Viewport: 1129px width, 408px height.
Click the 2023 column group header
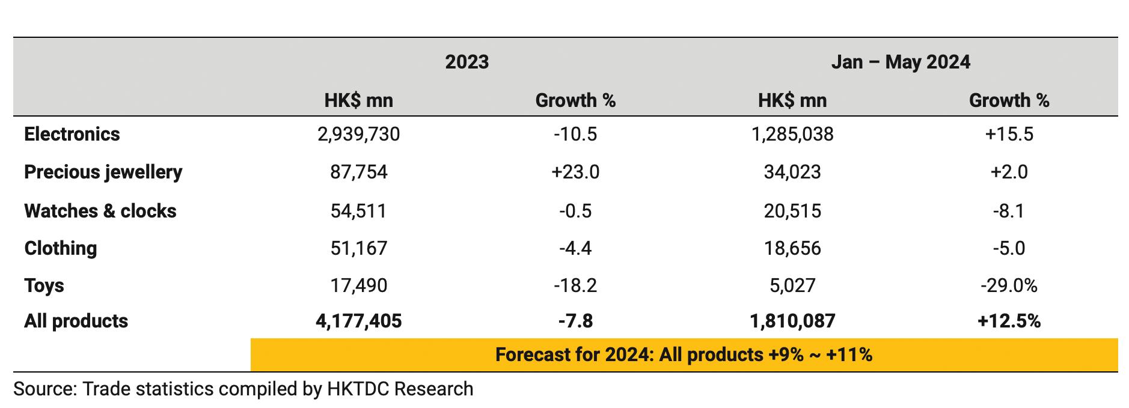tap(467, 62)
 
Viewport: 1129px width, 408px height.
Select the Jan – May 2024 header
tap(900, 62)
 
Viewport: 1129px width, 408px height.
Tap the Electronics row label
tap(72, 134)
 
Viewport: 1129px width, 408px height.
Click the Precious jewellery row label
tap(103, 172)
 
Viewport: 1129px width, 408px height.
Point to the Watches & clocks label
tap(100, 211)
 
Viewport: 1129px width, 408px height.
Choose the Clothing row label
tap(60, 248)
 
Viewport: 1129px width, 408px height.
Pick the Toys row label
tap(44, 285)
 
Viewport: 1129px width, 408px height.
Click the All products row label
tap(76, 321)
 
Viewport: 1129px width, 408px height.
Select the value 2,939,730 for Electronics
tap(358, 134)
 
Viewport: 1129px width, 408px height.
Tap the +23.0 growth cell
tap(575, 172)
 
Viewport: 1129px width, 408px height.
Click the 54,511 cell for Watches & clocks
tap(358, 211)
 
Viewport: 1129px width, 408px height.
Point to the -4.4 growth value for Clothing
tap(575, 248)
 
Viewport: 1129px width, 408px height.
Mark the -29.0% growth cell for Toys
tap(1009, 285)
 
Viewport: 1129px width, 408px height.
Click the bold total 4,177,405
tap(358, 321)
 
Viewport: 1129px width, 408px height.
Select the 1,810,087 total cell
tap(792, 321)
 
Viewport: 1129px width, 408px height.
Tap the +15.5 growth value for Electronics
tap(1009, 134)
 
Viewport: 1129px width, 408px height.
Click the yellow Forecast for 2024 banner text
tap(684, 355)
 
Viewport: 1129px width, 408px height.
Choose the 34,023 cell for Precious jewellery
tap(792, 172)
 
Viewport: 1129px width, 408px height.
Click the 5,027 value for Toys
tap(792, 285)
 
